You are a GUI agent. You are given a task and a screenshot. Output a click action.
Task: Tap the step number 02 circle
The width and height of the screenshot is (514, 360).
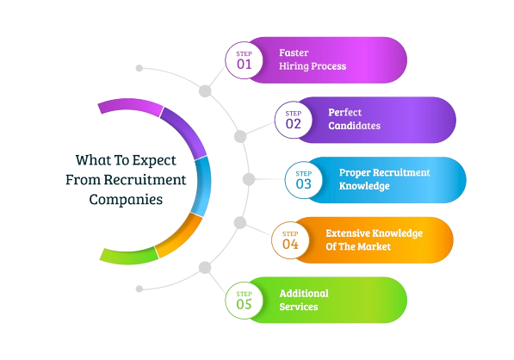[293, 120]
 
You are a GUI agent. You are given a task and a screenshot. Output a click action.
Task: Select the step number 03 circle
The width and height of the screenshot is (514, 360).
[302, 179]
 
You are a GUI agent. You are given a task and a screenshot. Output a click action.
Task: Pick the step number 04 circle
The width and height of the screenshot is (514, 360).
[290, 239]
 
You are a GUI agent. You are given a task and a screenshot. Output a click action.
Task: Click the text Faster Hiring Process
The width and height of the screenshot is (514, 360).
[312, 59]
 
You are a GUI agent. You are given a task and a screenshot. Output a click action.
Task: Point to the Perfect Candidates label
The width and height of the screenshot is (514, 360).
[354, 119]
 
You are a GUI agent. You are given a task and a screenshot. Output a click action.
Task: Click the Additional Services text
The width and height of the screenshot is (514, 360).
[304, 300]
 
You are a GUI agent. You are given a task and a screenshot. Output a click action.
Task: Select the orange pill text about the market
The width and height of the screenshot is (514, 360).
[373, 239]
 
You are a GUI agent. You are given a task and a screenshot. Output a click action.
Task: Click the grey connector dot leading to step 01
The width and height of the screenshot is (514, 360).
[205, 90]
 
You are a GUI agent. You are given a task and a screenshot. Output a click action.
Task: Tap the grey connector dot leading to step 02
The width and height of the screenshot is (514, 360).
[240, 136]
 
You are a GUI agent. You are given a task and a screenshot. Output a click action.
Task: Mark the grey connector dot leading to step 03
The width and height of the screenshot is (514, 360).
[249, 179]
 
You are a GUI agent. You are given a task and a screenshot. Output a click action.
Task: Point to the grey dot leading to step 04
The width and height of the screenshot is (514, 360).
[239, 224]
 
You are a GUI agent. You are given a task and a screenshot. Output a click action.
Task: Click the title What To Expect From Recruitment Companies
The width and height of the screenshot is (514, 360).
[126, 179]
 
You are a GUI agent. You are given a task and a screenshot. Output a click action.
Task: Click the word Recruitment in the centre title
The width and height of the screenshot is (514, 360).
[144, 180]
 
